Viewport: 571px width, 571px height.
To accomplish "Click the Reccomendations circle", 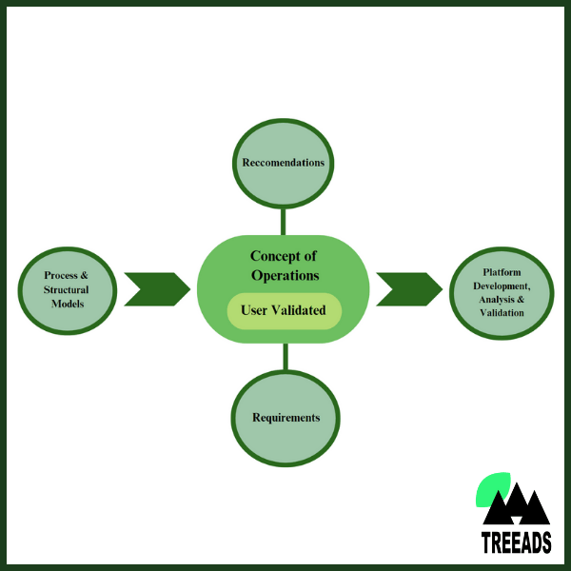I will point(283,163).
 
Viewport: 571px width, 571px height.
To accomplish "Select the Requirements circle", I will point(285,418).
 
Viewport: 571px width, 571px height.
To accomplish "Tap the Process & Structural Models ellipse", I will point(67,289).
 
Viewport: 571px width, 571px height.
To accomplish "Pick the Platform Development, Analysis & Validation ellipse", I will point(502,293).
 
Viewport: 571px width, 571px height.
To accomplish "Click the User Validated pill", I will point(284,310).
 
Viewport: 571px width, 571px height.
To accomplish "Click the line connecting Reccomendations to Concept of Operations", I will point(284,221).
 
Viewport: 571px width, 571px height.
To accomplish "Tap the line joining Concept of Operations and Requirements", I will point(285,357).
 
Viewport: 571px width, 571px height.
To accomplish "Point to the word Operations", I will point(285,275).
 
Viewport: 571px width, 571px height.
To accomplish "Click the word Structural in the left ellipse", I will point(67,289).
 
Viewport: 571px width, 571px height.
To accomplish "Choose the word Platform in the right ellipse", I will point(502,272).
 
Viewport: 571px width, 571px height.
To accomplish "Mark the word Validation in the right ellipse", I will point(502,313).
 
